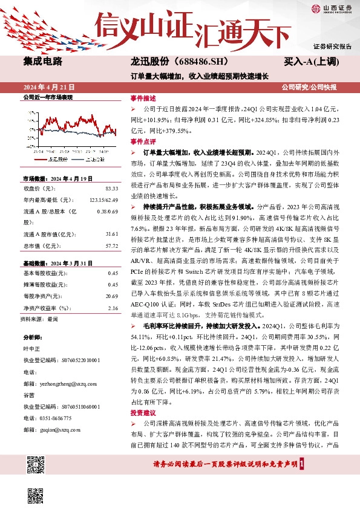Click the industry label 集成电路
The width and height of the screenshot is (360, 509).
(43, 61)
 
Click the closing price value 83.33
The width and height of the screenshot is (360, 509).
(111, 189)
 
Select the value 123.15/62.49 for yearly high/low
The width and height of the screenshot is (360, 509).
(103, 200)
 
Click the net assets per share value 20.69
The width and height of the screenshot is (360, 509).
(111, 296)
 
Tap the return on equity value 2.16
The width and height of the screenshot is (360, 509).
(113, 308)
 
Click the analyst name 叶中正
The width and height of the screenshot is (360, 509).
(30, 348)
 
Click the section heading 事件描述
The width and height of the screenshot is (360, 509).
(143, 98)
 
